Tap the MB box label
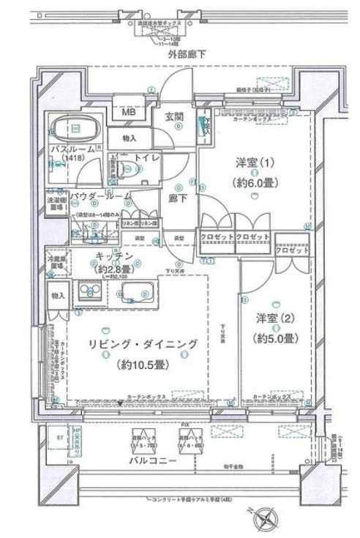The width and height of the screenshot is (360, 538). click(x=128, y=113)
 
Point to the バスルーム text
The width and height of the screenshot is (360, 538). click(x=72, y=149)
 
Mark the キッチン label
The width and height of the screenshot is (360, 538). click(x=113, y=255)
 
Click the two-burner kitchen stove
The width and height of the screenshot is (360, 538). click(x=92, y=293)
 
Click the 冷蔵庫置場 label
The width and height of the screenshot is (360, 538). click(x=56, y=263)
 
